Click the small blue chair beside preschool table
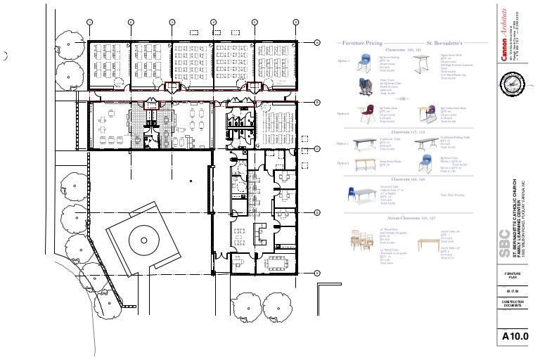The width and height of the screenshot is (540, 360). (x=425, y=163)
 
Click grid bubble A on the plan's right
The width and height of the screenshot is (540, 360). (x=317, y=43)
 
